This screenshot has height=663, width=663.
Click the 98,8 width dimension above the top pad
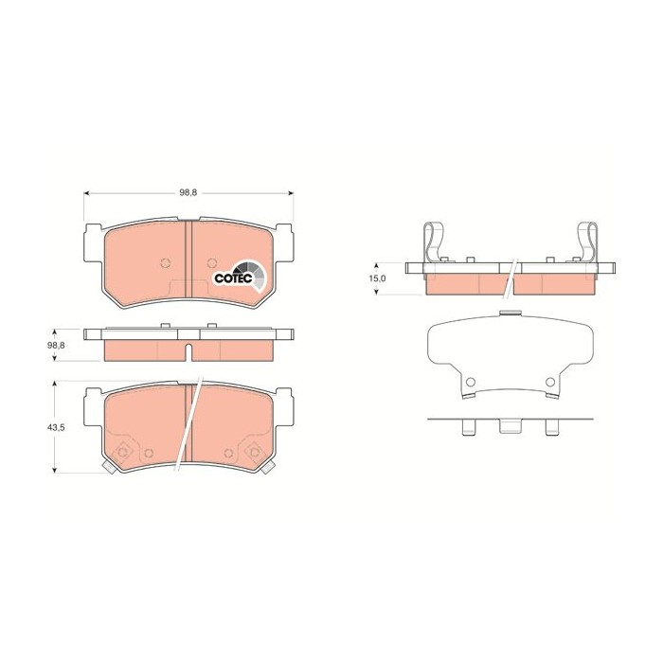(188, 192)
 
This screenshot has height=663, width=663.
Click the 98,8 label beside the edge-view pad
(57, 346)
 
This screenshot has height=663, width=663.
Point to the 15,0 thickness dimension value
(377, 278)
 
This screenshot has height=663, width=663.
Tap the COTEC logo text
(232, 278)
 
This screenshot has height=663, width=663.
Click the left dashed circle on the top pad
(166, 263)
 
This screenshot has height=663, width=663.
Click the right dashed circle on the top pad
(210, 263)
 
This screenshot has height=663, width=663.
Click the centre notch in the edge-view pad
(189, 353)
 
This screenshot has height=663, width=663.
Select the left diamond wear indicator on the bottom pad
(120, 453)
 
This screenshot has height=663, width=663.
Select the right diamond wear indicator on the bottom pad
(257, 453)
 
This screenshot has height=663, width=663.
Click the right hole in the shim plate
(550, 382)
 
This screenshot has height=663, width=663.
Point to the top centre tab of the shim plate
(510, 314)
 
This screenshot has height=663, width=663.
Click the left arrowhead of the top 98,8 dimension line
(88, 192)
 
